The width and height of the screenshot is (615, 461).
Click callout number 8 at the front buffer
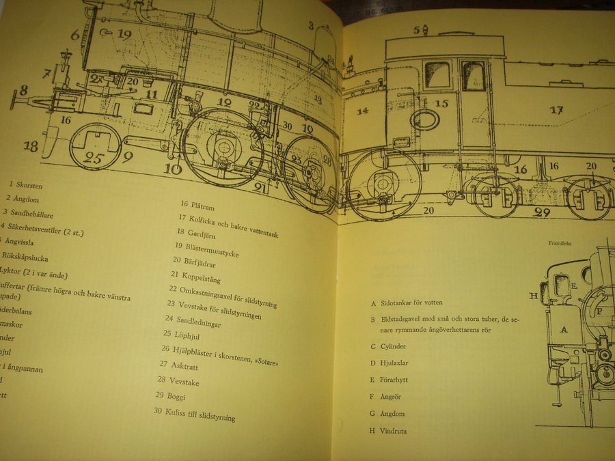(23, 90)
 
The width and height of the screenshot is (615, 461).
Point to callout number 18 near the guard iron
(30, 145)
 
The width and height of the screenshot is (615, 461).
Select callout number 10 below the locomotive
(173, 168)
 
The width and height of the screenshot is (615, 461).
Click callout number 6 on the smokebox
(75, 35)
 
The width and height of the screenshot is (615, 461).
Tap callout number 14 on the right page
(361, 111)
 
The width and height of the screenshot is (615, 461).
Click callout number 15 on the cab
(442, 103)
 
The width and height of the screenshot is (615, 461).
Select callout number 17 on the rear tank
(556, 109)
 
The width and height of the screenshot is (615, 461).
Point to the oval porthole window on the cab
(425, 120)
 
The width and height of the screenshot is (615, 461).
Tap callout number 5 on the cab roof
(416, 29)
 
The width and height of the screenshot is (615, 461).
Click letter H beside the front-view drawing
(533, 296)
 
